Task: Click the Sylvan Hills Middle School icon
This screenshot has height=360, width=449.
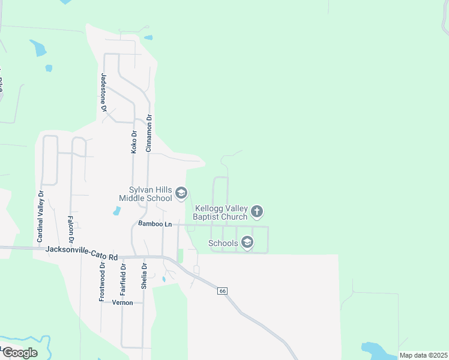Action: point(182,193)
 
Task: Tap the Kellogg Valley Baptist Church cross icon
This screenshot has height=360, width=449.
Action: point(257,211)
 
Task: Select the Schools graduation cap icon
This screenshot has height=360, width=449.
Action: point(247,242)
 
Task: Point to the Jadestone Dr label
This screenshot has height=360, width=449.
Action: point(103,93)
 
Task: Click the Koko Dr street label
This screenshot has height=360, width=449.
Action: point(134,142)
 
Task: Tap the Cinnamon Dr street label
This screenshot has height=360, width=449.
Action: point(149,133)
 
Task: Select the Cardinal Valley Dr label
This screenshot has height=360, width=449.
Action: point(41,216)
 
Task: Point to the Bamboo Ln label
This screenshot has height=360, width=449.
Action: point(155,224)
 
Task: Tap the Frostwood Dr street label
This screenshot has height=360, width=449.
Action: point(102,282)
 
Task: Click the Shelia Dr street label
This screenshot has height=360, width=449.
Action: point(144,277)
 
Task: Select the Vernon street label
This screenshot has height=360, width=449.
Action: point(122,303)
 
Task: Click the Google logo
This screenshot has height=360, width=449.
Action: point(19,352)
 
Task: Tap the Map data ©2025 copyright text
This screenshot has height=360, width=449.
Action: point(423,355)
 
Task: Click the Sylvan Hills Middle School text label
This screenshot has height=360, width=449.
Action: point(145,193)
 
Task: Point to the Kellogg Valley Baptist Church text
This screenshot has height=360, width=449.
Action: point(220,212)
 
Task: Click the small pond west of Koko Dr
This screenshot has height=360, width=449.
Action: point(116,211)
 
